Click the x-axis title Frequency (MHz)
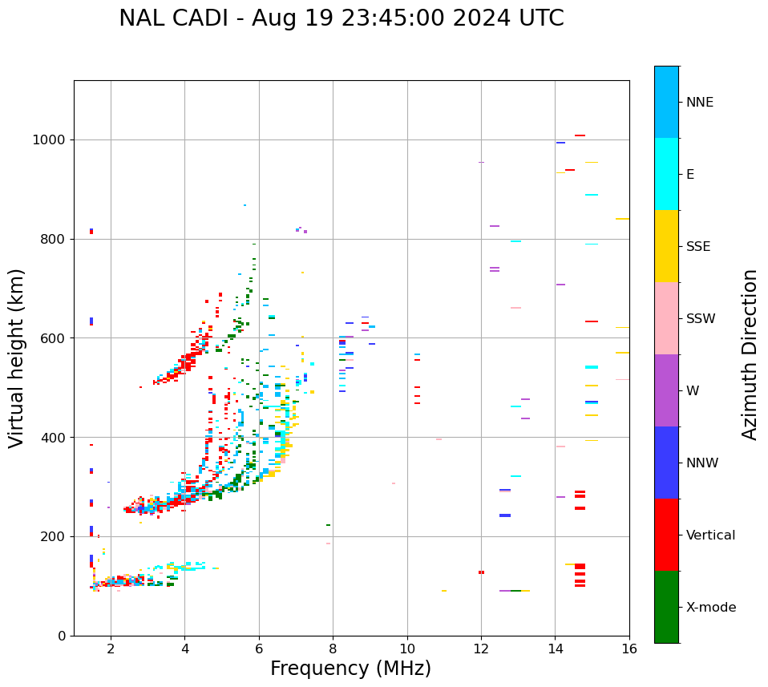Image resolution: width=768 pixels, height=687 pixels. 350,669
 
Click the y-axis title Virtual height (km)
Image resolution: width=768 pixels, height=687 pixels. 17,358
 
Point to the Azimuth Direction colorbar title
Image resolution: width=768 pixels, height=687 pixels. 750,354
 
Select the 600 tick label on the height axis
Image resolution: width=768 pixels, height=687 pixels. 52,338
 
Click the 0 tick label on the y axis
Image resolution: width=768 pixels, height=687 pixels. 61,636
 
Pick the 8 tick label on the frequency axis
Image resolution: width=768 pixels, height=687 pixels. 333,649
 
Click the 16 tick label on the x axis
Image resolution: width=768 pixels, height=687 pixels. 629,649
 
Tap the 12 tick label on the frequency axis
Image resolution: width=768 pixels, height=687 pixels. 481,649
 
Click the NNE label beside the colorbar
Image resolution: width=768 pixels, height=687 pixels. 700,103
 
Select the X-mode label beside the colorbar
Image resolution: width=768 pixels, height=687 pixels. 711,608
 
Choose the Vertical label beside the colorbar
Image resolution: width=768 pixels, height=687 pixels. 711,535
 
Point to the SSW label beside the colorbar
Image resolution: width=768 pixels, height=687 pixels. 701,319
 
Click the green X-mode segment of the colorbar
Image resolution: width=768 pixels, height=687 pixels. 666,607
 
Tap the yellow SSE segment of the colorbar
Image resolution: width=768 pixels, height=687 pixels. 666,246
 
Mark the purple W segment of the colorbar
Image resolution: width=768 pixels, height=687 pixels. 666,390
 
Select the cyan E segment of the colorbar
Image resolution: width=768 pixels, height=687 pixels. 666,174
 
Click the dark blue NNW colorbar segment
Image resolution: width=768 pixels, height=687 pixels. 666,463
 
